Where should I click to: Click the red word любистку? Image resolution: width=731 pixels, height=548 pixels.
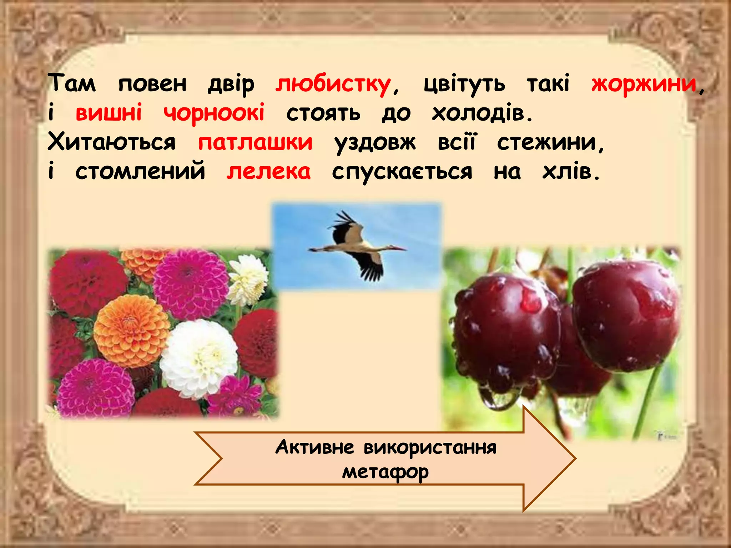pos(333,85)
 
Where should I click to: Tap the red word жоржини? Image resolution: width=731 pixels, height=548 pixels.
pos(644,84)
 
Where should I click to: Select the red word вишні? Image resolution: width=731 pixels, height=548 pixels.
pos(109,113)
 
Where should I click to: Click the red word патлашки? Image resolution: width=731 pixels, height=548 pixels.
pos(255,142)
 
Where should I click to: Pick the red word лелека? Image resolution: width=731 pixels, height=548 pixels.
pos(268,172)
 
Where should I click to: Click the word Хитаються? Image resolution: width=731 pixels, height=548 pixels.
pos(112,142)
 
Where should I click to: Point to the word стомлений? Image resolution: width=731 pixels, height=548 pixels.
pos(140,172)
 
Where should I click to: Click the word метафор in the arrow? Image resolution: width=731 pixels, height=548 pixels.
pos(385,472)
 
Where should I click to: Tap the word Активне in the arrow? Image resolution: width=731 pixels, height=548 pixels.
pos(314,447)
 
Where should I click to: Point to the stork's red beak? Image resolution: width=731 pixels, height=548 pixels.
pos(398,248)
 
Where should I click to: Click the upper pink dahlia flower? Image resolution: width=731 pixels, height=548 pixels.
pos(191,284)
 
